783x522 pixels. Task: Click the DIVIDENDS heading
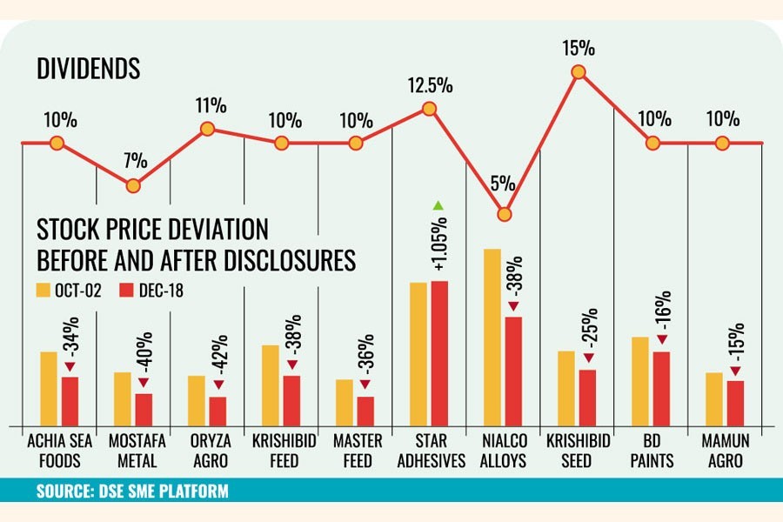click(x=89, y=70)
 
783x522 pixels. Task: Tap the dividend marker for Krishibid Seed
click(x=578, y=74)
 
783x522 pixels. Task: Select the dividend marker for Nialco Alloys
click(x=503, y=214)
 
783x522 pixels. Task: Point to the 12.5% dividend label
click(x=428, y=86)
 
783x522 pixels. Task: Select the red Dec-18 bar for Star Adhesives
click(x=439, y=352)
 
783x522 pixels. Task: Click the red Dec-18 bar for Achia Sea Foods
click(x=70, y=400)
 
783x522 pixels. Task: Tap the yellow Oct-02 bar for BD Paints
click(x=640, y=380)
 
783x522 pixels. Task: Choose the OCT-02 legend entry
click(x=69, y=290)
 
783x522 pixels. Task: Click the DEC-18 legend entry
click(x=153, y=290)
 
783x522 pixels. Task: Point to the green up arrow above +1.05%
click(x=439, y=205)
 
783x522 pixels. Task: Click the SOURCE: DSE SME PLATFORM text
click(x=132, y=492)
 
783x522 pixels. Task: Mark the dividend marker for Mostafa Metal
click(x=132, y=185)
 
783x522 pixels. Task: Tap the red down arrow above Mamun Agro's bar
click(x=736, y=372)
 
